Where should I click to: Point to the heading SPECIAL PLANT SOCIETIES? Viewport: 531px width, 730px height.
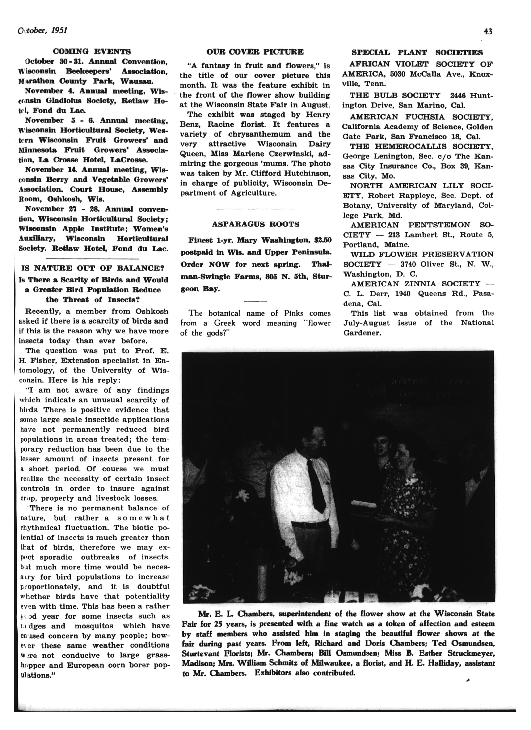(x=417, y=52)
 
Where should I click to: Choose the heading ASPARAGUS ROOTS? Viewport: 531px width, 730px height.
(x=255, y=224)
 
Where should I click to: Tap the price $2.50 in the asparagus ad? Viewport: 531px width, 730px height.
(x=323, y=240)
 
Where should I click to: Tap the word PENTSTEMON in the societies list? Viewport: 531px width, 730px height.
(x=439, y=225)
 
